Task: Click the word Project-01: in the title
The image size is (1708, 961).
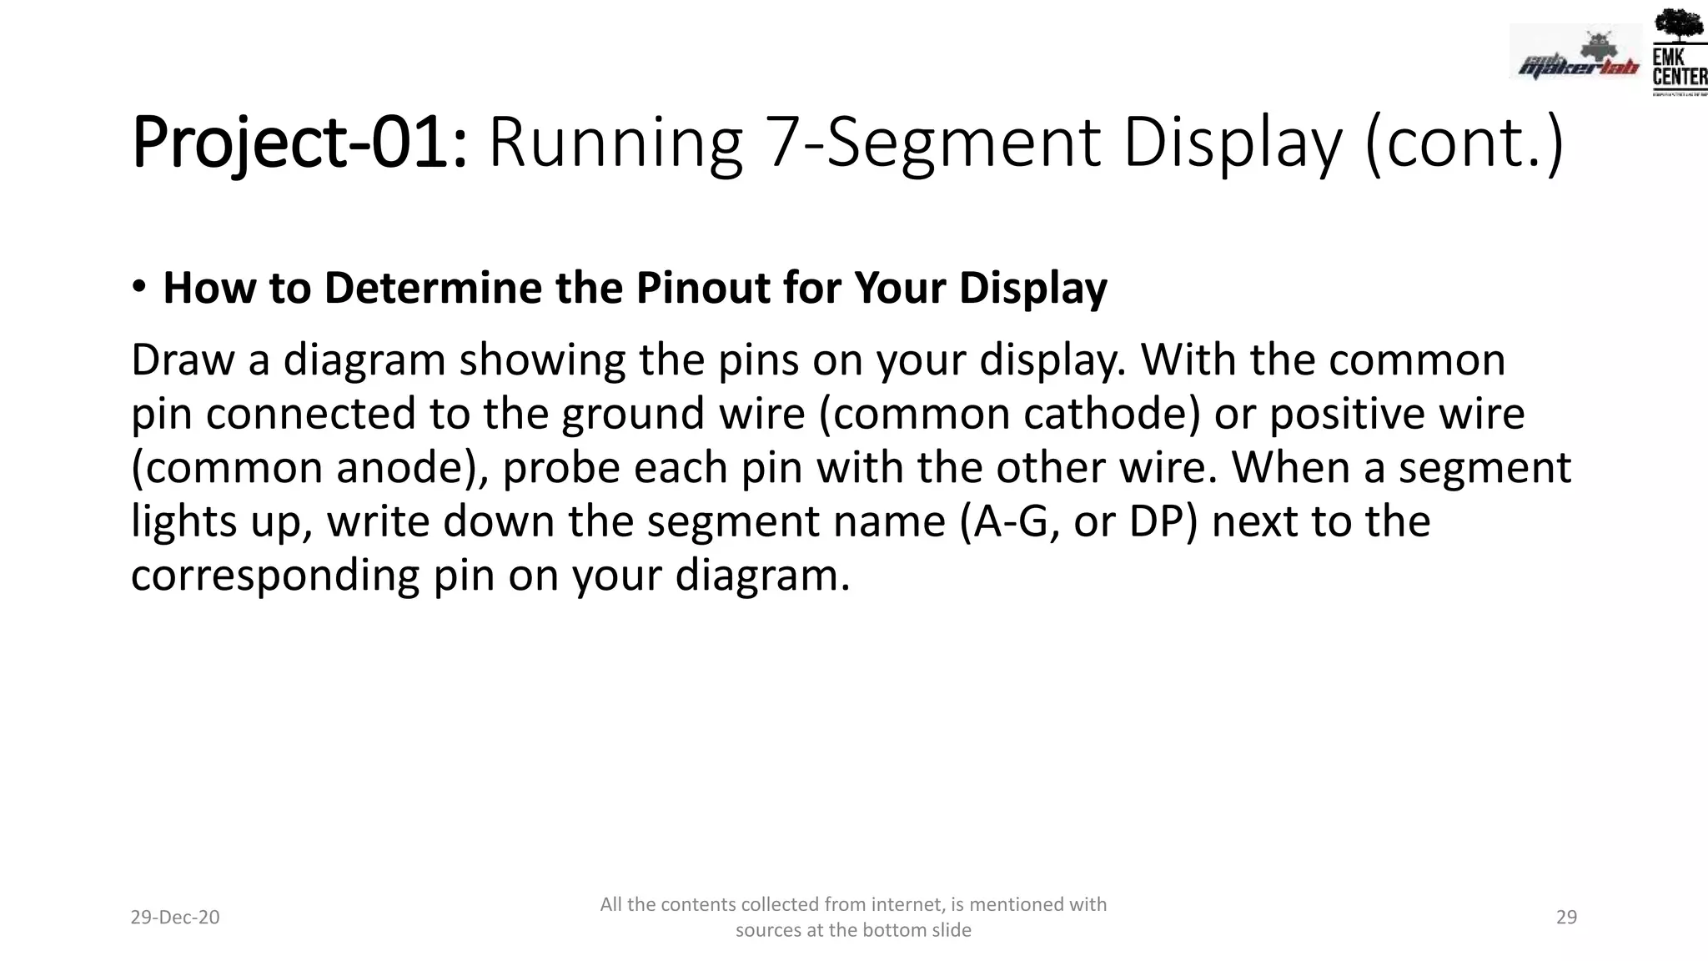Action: coord(299,143)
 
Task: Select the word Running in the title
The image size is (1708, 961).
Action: coord(615,143)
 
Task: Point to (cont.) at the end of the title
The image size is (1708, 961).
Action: coord(1464,143)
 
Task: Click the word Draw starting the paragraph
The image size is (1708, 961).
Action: coord(183,360)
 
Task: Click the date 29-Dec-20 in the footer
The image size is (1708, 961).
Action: coord(175,918)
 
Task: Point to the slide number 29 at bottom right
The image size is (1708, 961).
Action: coord(1566,918)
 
